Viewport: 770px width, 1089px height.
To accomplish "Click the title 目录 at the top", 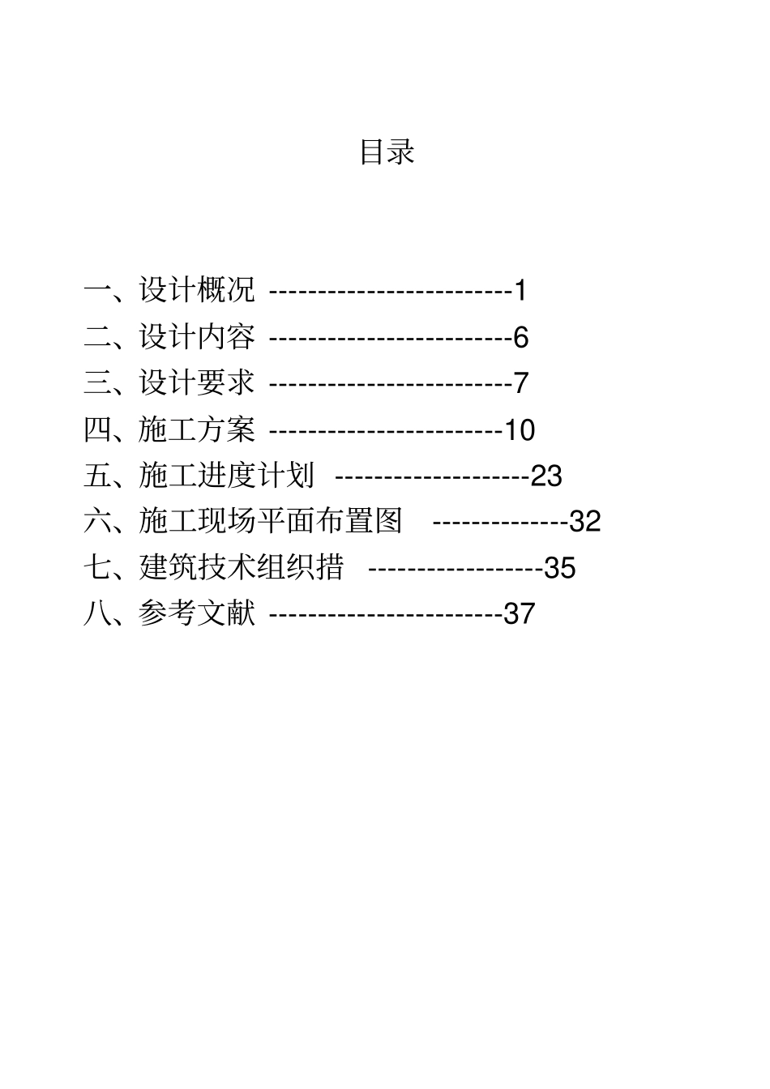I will [x=387, y=152].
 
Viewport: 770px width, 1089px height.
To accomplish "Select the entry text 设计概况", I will [x=197, y=290].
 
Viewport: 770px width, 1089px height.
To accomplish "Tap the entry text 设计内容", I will [x=197, y=336].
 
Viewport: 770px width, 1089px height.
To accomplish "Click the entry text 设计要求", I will [x=197, y=382].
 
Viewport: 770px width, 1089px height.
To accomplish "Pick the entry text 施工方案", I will [x=197, y=429].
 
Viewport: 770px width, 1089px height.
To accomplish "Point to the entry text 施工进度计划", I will [x=226, y=475].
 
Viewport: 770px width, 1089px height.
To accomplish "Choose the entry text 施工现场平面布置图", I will [x=270, y=521].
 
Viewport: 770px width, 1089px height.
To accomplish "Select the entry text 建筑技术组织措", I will [x=241, y=567].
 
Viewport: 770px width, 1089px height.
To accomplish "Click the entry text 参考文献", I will [x=197, y=613].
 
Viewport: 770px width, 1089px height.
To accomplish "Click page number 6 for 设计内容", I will [x=520, y=337].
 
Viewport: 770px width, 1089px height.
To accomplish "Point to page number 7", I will [x=520, y=383].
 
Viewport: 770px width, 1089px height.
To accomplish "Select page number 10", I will [x=520, y=429].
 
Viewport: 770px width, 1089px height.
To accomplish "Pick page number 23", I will [x=546, y=476].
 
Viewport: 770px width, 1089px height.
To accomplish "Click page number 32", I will [x=585, y=522].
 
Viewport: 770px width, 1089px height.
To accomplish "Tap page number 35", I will [x=559, y=568].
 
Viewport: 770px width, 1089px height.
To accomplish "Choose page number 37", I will [x=520, y=614].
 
